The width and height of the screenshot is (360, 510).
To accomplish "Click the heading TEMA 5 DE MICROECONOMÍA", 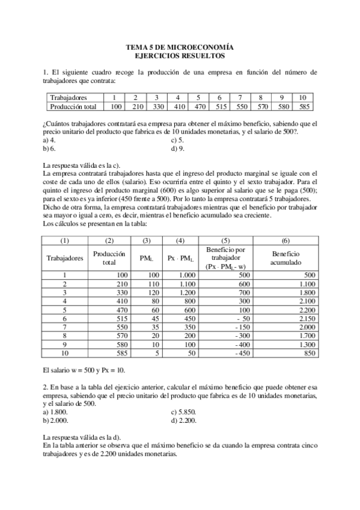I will tap(179, 47).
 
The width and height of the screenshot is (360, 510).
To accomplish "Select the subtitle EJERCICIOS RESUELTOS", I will tap(179, 55).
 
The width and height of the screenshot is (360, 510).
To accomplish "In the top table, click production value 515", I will tap(219, 106).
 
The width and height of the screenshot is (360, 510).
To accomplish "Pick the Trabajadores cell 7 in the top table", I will tap(240, 97).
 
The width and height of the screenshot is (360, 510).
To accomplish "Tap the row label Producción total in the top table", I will tap(73, 106).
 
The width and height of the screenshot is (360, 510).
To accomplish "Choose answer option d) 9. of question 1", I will tap(177, 147).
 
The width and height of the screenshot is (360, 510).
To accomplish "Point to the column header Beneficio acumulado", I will tap(285, 258).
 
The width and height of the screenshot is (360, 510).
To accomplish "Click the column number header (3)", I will tap(146, 241).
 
